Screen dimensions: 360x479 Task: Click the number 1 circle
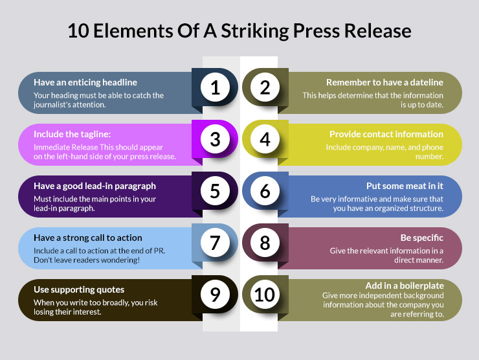(x=216, y=88)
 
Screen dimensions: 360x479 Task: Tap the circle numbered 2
(x=265, y=88)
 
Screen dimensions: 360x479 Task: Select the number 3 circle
(x=216, y=140)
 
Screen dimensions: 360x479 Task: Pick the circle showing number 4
(x=265, y=140)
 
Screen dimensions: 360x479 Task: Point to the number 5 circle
(x=216, y=192)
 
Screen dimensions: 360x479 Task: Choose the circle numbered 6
(x=265, y=192)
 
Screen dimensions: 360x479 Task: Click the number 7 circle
(x=216, y=243)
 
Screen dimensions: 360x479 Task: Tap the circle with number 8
(x=265, y=243)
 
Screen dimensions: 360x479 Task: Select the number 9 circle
(x=216, y=295)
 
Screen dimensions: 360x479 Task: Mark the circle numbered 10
(x=265, y=295)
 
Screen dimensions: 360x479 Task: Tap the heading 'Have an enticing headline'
(x=85, y=82)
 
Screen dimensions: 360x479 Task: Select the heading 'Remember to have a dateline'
(x=384, y=82)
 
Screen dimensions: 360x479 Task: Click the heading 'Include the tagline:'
(x=72, y=134)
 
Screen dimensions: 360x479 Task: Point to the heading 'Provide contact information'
(x=386, y=134)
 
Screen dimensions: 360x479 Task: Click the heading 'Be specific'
(x=421, y=238)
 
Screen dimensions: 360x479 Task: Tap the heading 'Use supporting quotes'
(x=79, y=289)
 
